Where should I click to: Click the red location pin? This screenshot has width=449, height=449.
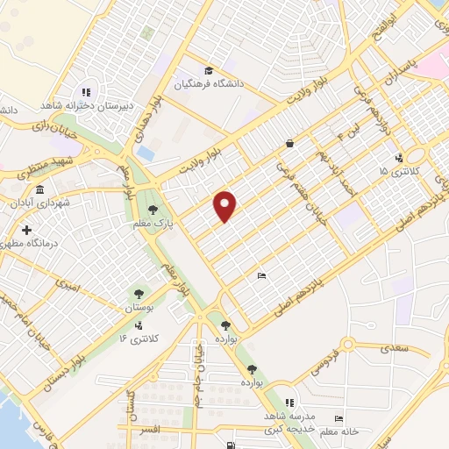tap(226, 205)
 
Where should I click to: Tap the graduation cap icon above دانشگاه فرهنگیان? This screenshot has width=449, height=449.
tap(208, 71)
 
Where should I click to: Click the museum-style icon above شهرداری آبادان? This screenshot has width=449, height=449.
tap(39, 189)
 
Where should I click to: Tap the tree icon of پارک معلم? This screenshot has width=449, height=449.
tap(153, 209)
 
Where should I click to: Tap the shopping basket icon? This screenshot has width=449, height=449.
tap(289, 143)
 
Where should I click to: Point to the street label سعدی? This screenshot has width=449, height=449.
tap(396, 349)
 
